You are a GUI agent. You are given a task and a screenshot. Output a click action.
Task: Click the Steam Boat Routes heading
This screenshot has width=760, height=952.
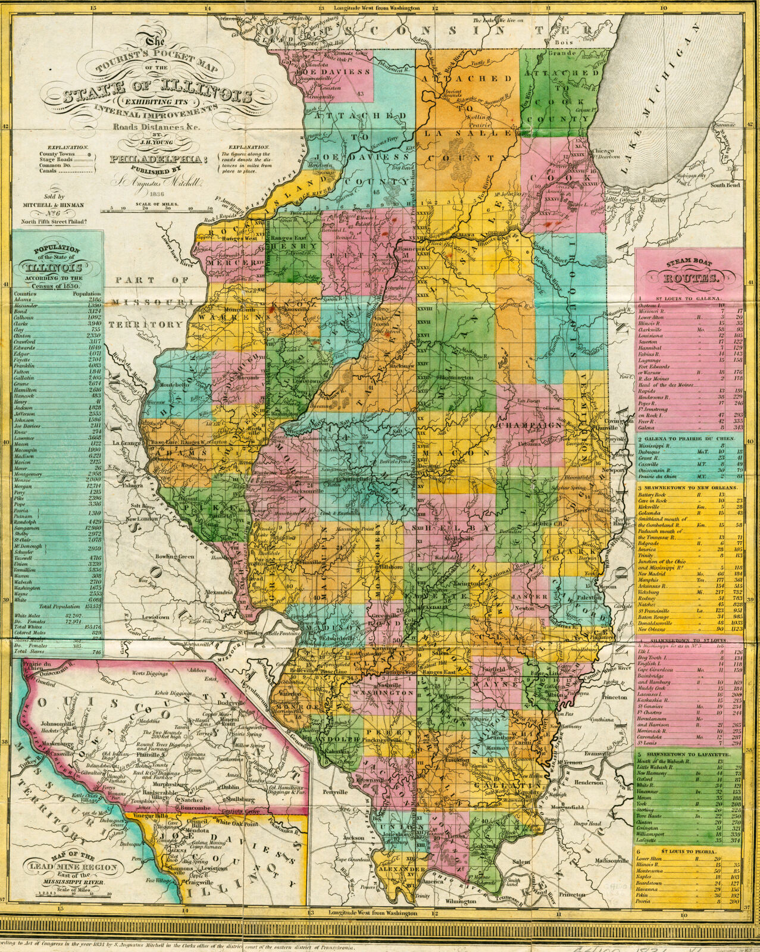coord(689,277)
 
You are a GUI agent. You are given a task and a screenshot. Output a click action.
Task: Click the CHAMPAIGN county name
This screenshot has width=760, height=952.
coord(531,426)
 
